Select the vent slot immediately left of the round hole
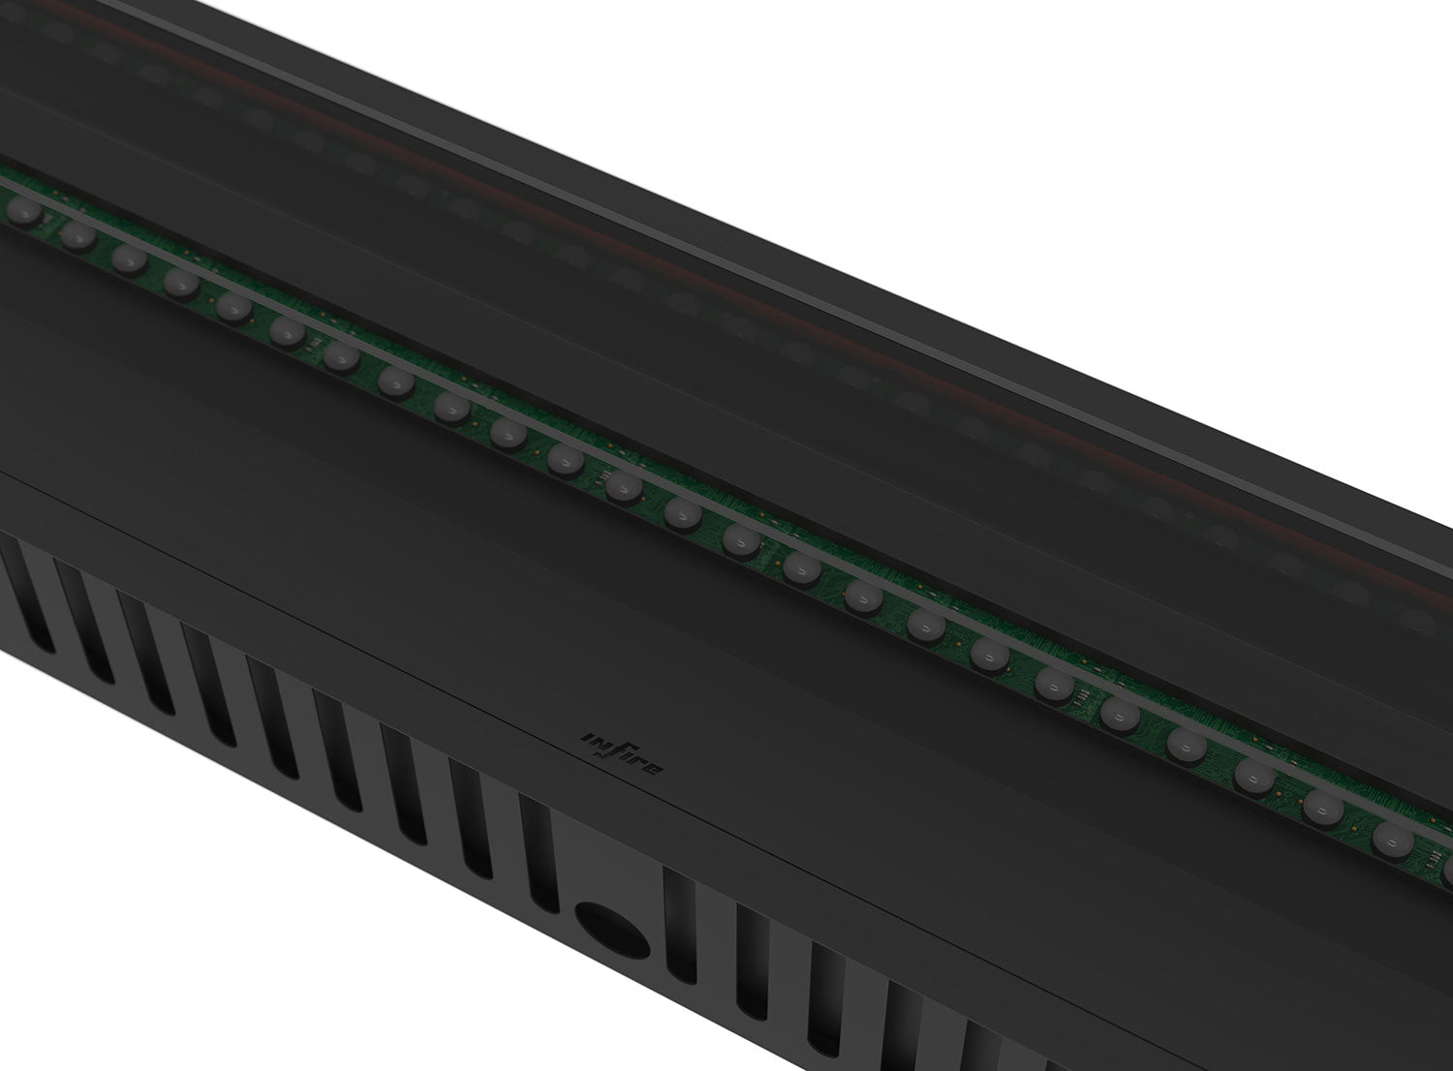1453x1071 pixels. tap(540, 851)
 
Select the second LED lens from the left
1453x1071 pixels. tap(75, 233)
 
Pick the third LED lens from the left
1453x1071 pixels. tap(128, 259)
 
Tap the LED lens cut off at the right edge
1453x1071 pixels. tap(1446, 871)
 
